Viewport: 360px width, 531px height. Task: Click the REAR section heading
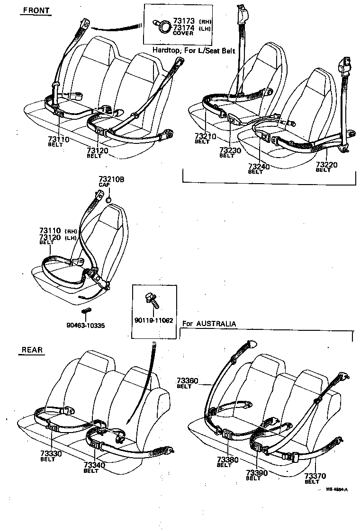coord(32,350)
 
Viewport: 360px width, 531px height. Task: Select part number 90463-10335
coord(85,326)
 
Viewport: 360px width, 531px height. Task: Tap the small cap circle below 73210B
coord(108,199)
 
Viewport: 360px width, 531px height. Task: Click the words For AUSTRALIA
coord(209,324)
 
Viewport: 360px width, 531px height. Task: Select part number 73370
coord(315,476)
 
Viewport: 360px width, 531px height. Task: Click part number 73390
coord(256,473)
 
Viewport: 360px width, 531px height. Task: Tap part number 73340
coord(94,465)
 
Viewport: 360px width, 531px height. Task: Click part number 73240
coord(259,167)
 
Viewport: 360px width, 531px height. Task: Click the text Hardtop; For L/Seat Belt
coord(193,50)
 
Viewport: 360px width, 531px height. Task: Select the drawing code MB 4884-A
coord(337,490)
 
